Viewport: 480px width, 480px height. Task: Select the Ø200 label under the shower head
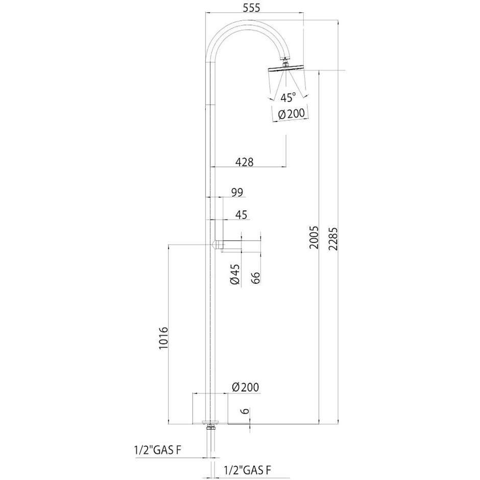[x=290, y=115]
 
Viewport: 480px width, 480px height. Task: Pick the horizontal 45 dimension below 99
[x=242, y=215]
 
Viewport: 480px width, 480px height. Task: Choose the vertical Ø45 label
[x=234, y=275]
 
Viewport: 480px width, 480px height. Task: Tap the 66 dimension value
[x=256, y=278]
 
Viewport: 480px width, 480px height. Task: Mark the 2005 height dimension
[x=315, y=237]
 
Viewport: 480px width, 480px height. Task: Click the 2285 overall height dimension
[x=333, y=237]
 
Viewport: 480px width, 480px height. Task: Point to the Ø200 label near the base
[x=245, y=388]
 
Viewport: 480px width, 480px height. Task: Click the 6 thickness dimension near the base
[x=246, y=411]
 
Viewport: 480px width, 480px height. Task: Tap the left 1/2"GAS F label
[x=158, y=450]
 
